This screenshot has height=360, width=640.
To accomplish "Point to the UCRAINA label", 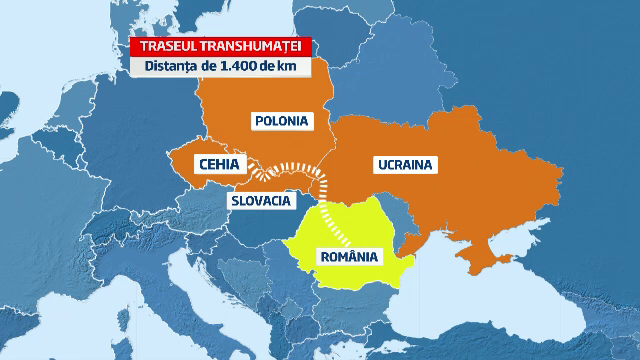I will [x=403, y=163].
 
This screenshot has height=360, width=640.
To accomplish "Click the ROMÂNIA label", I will [x=349, y=256].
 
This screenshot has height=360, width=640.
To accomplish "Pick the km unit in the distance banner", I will [x=290, y=68].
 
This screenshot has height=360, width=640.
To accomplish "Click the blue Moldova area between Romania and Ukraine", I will [x=408, y=218].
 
